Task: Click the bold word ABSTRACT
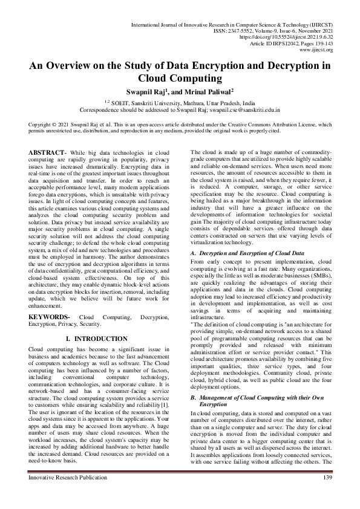point(48,151)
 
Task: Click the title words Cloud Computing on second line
point(180,78)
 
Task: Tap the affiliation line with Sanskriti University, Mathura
point(180,104)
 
